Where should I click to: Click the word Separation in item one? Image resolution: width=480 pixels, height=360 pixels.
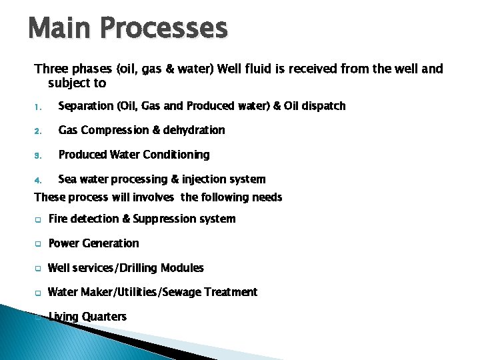pos(86,106)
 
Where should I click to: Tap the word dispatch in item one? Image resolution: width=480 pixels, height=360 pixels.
pos(323,106)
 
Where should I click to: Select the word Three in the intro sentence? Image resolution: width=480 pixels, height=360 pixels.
pos(50,69)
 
